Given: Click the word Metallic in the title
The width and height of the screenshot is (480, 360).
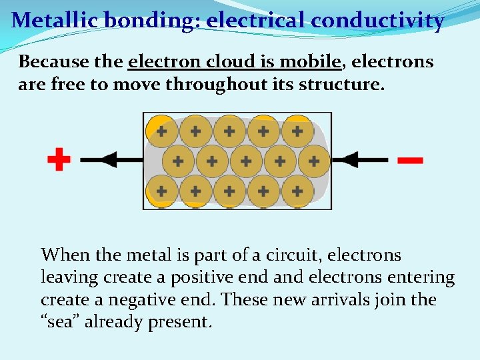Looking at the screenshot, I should [x=52, y=20].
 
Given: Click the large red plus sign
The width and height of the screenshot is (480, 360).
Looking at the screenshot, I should [x=59, y=160].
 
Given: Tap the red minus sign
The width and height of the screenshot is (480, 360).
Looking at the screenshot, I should [x=409, y=161].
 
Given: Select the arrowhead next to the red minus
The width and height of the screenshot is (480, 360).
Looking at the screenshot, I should [x=349, y=160].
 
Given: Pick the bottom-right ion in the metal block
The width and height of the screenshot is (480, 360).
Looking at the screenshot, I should [x=297, y=191].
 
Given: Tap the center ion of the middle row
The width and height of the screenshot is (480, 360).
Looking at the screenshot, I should [x=246, y=161].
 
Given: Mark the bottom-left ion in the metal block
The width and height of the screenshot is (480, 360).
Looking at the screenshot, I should [x=161, y=191].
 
